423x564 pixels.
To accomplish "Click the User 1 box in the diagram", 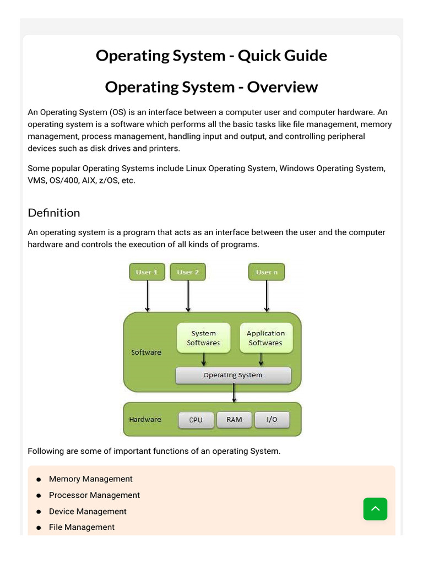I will [147, 272].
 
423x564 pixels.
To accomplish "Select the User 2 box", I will [188, 272].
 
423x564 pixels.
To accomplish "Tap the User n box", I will [267, 272].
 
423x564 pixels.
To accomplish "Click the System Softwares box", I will [203, 338].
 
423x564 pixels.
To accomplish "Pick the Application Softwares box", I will [265, 338].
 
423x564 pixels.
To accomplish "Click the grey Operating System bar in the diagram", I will [233, 375].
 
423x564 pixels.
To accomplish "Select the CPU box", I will [196, 420].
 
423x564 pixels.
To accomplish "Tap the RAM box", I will [234, 420].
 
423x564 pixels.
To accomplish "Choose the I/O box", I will [272, 420].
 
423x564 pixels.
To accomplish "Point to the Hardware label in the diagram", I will [145, 419].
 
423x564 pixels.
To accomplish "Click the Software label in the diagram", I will [146, 352].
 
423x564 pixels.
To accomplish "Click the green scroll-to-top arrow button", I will [375, 509].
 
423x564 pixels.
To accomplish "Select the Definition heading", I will [54, 213].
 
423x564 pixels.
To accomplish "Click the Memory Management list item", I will [91, 479].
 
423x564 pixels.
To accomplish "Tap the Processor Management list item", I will [94, 495].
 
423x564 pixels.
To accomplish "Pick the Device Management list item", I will [88, 511].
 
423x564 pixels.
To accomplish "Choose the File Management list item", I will [82, 527].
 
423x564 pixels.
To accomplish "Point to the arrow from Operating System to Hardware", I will [235, 393].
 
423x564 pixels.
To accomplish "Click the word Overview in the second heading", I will [283, 87].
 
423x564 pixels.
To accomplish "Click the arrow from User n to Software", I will [267, 296].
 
